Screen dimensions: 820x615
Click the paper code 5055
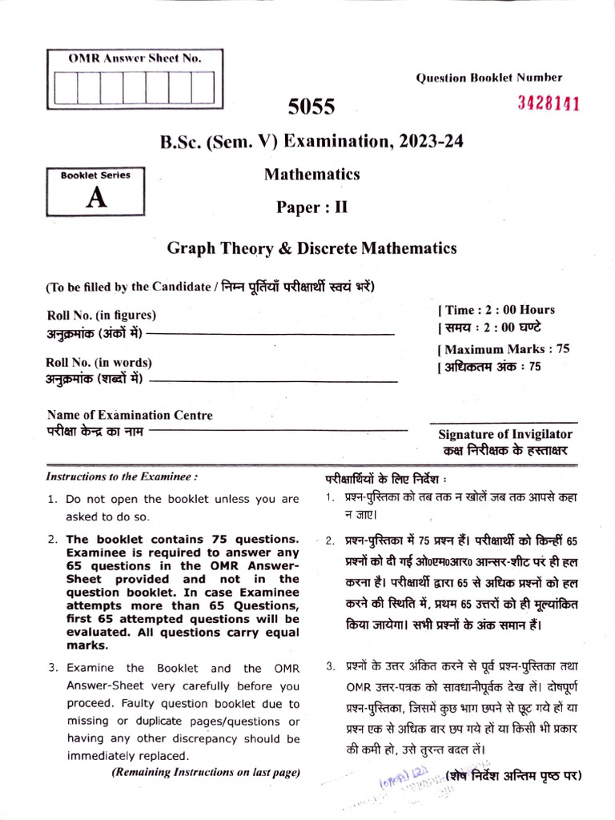tap(312, 107)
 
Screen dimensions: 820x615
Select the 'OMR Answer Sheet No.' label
tap(135, 58)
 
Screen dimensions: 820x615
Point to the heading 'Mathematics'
tap(312, 174)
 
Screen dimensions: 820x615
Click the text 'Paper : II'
tap(312, 207)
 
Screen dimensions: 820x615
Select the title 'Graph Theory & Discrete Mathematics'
tap(312, 248)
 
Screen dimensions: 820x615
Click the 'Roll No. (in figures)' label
tap(102, 315)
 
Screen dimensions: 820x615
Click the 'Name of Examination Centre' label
tap(130, 415)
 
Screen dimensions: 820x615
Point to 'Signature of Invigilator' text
tap(504, 434)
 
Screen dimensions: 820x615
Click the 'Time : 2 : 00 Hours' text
tap(496, 310)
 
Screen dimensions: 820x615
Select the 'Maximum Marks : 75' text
tap(504, 349)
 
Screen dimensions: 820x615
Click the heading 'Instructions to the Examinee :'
tap(122, 476)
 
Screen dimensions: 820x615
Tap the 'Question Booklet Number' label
tap(488, 78)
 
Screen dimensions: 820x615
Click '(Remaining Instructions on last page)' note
tap(206, 773)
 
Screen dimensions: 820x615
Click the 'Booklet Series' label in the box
tap(95, 175)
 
